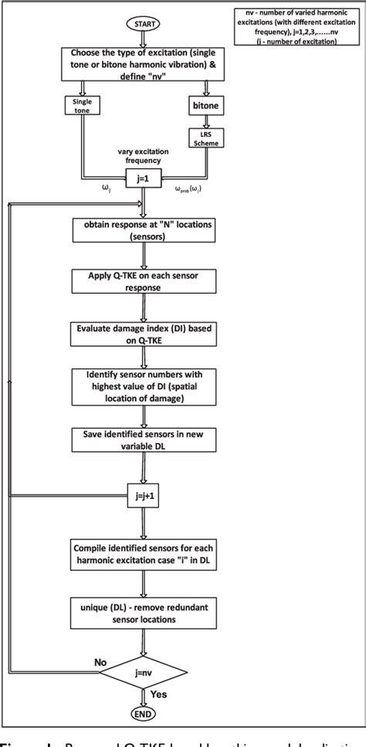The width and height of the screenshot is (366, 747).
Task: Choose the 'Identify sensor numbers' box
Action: tap(144, 385)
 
